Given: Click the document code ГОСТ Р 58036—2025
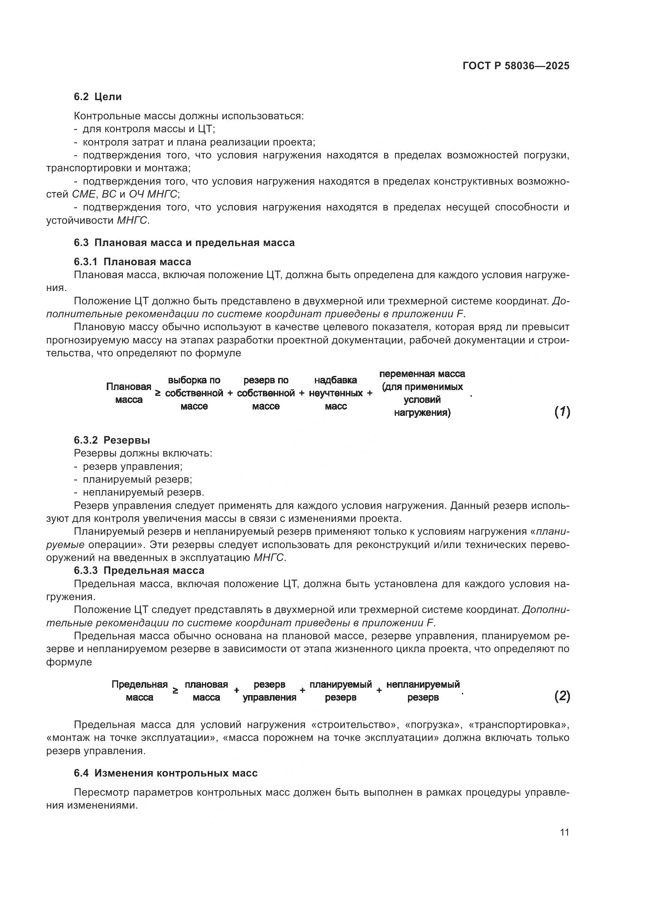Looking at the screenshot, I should click(516, 66).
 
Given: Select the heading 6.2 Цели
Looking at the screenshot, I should click(98, 97).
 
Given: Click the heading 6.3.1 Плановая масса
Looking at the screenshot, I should click(132, 262).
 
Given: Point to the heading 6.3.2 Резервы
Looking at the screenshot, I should click(111, 440).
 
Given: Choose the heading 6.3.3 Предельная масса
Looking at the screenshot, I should click(138, 570).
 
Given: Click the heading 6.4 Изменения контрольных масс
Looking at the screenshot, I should click(165, 773).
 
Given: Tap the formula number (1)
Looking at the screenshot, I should click(562, 412).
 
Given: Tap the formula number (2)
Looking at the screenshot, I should click(562, 696).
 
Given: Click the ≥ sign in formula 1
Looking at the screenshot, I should click(158, 393).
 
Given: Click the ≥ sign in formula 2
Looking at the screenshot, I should click(175, 690).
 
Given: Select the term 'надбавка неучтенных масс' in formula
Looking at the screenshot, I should click(336, 393).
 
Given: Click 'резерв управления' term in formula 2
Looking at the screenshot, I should click(269, 690).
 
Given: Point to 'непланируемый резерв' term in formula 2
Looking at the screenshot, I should click(423, 690).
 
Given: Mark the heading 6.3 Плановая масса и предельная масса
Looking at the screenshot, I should click(184, 243).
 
